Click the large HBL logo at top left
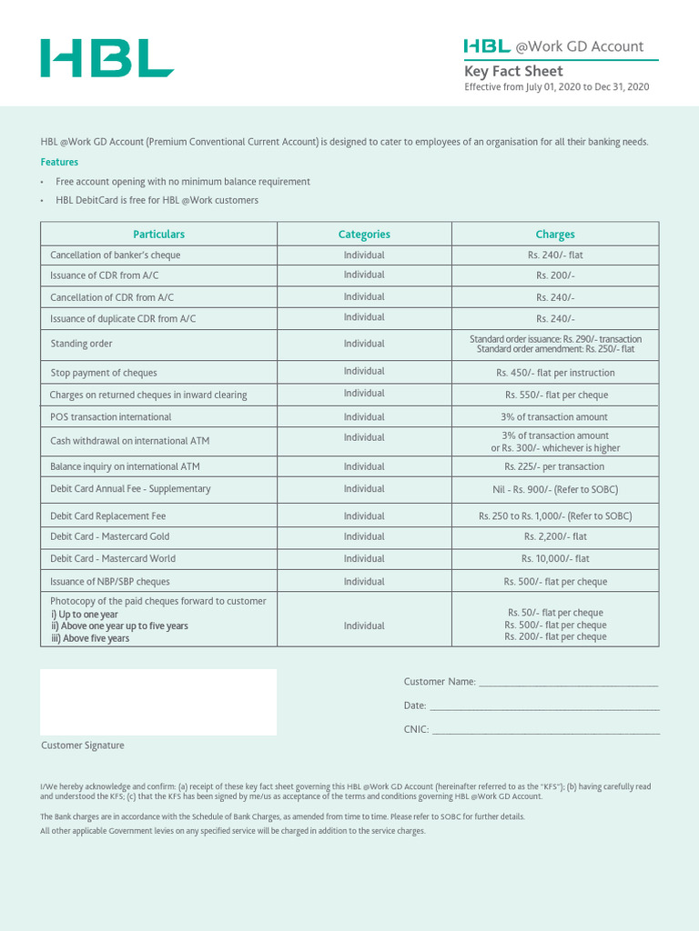pyautogui.click(x=106, y=58)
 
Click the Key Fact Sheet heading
pyautogui.click(x=513, y=71)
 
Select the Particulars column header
pyautogui.click(x=158, y=235)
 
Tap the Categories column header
pyautogui.click(x=364, y=235)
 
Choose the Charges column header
pyautogui.click(x=555, y=235)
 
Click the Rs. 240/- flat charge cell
pyautogui.click(x=555, y=255)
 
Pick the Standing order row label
pyautogui.click(x=82, y=345)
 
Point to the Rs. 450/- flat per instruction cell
pyautogui.click(x=555, y=373)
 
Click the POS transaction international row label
pyautogui.click(x=111, y=417)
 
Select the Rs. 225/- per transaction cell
pyautogui.click(x=554, y=466)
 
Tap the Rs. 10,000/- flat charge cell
pyautogui.click(x=555, y=559)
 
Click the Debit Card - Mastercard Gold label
pyautogui.click(x=110, y=536)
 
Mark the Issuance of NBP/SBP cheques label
pyautogui.click(x=110, y=582)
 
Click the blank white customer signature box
pyautogui.click(x=158, y=702)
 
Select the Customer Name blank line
pyautogui.click(x=567, y=682)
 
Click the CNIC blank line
pyautogui.click(x=545, y=729)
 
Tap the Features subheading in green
pyautogui.click(x=59, y=162)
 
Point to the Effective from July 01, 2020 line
pyautogui.click(x=556, y=87)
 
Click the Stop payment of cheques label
pyautogui.click(x=104, y=373)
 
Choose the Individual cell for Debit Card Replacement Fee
pyautogui.click(x=364, y=516)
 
